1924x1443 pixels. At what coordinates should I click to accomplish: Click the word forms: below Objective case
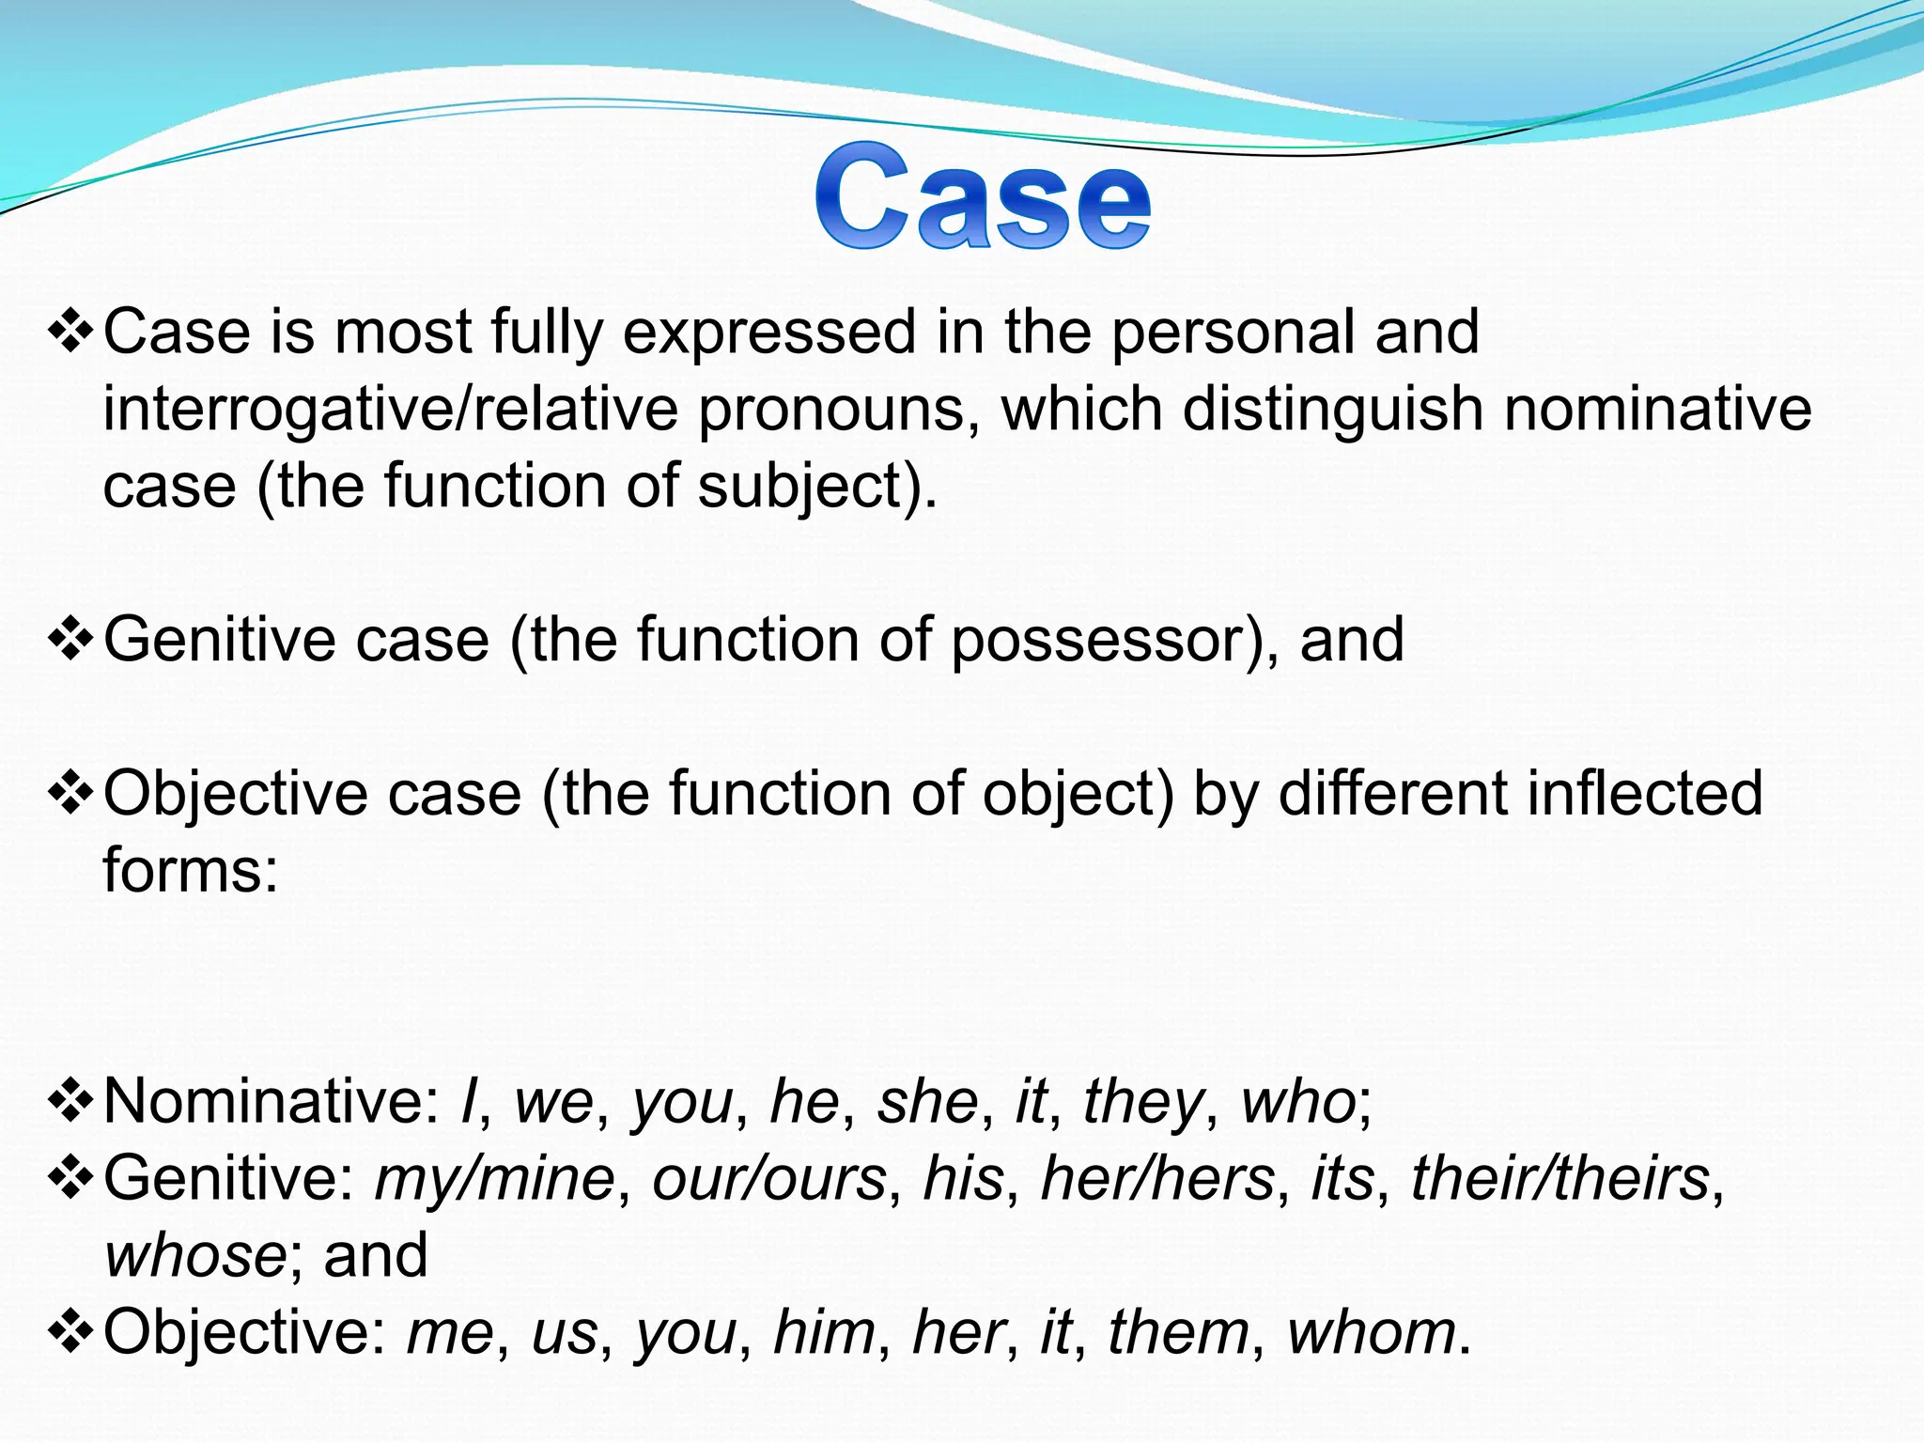click(x=191, y=870)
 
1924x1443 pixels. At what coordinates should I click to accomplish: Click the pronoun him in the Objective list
click(x=824, y=1332)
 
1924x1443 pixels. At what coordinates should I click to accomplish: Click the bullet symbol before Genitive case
click(x=70, y=641)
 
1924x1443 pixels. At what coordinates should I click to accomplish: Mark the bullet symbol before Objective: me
click(x=70, y=1332)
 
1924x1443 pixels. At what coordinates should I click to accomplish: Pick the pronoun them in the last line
click(x=1178, y=1332)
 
